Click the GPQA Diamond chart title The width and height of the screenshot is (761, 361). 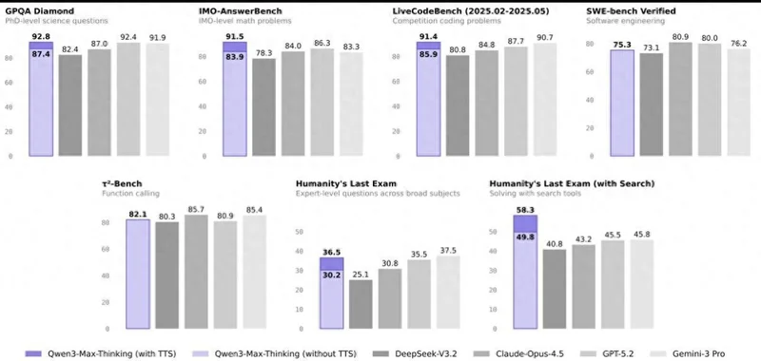click(40, 11)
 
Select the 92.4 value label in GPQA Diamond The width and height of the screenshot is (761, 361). click(128, 37)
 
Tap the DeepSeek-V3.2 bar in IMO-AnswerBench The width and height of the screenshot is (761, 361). click(264, 107)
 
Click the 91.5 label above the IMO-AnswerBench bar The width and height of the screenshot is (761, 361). click(235, 36)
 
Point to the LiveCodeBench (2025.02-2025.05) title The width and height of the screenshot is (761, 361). click(471, 11)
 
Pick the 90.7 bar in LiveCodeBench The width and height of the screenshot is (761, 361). click(545, 100)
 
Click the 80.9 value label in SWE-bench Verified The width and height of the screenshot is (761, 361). click(680, 36)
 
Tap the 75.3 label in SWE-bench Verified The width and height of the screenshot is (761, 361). click(622, 45)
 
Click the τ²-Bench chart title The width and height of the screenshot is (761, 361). click(122, 183)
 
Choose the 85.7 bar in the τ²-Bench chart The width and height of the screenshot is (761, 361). click(196, 272)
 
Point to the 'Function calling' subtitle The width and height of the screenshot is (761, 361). click(130, 194)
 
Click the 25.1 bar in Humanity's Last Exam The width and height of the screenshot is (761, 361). click(361, 304)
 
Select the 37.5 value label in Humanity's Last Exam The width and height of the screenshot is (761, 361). click(448, 251)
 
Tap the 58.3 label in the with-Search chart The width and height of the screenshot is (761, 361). click(525, 210)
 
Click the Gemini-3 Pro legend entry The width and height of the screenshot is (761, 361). click(690, 353)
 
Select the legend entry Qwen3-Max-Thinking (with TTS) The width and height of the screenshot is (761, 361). click(101, 353)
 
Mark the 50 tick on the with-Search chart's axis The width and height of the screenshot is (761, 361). click(494, 232)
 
